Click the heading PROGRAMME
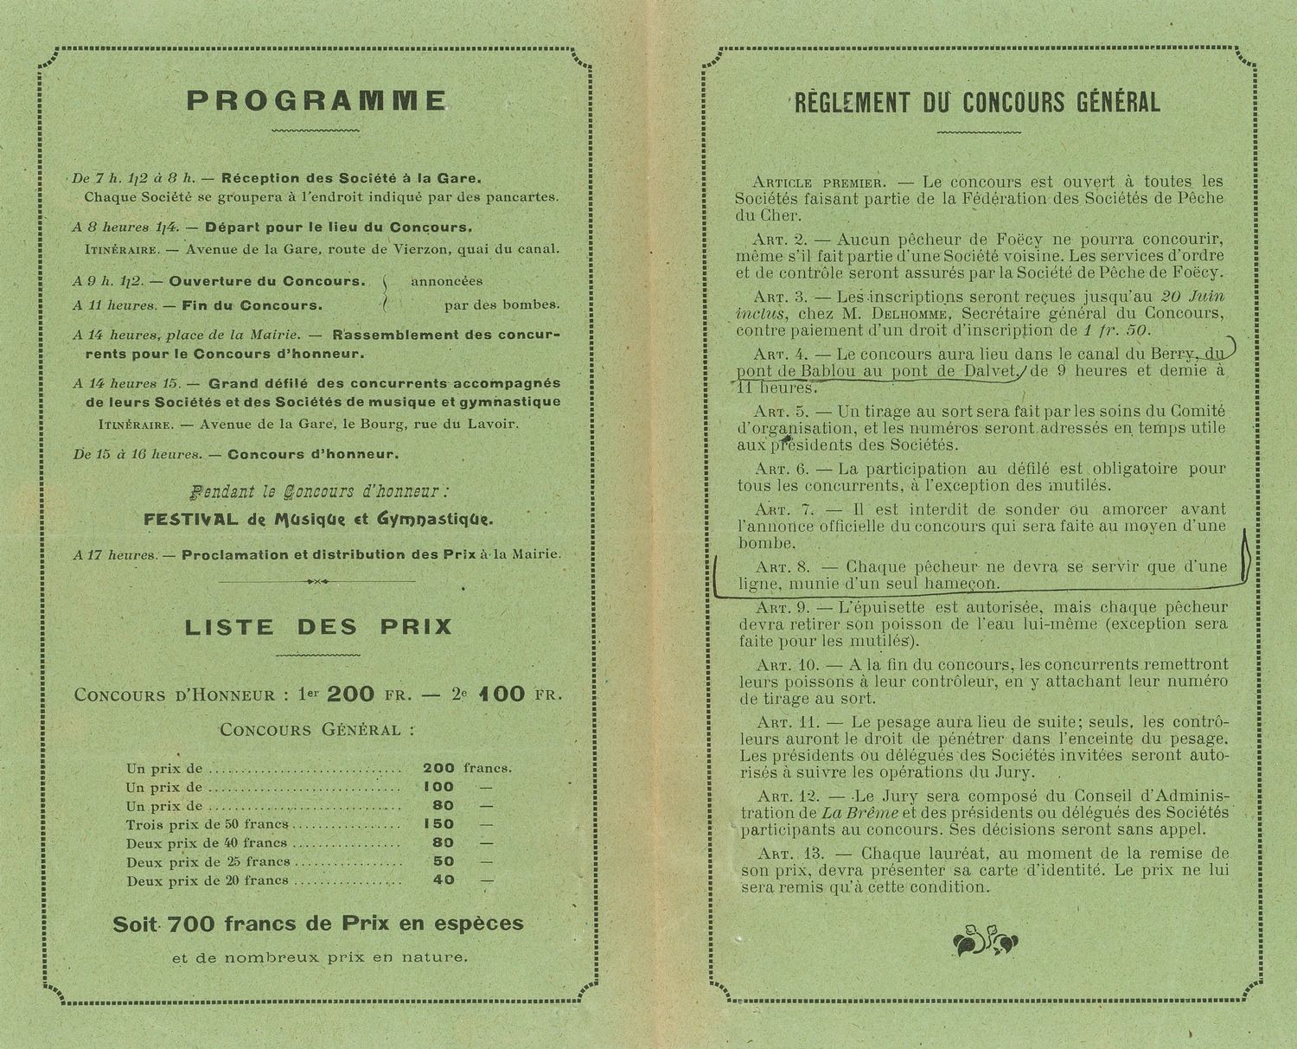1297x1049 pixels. point(316,101)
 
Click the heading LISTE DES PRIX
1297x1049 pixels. point(317,626)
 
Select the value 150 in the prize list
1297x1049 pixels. point(439,824)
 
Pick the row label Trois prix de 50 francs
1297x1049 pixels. point(208,824)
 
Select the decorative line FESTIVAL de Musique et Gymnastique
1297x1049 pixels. point(318,520)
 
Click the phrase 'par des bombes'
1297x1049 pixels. point(502,304)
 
